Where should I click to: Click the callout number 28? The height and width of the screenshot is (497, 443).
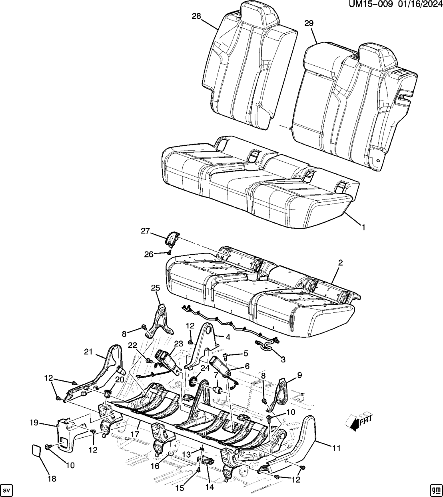tap(196, 16)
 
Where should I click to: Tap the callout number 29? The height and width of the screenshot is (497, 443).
tap(309, 24)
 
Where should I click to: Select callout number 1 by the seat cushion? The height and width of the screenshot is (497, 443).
tap(363, 227)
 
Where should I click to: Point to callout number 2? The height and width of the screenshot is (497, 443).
tap(340, 263)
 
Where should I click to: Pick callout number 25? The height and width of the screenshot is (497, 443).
tap(155, 288)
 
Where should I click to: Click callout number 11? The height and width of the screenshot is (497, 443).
tap(336, 448)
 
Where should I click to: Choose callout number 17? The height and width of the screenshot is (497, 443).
tap(135, 433)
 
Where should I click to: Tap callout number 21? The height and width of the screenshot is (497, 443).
tap(88, 352)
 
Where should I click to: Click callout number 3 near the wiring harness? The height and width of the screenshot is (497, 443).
tap(283, 360)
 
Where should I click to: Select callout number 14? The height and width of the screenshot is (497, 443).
tap(210, 487)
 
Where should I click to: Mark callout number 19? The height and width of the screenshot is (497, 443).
tap(33, 422)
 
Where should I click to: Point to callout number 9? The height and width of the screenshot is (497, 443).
tap(299, 375)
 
